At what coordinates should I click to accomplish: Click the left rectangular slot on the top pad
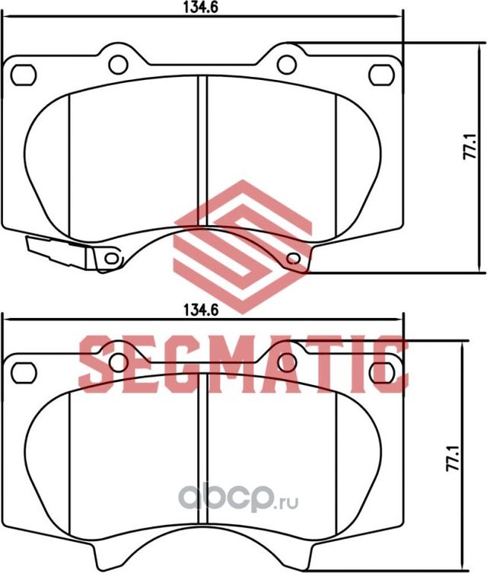point(25,73)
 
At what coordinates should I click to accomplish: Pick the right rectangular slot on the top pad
point(379,73)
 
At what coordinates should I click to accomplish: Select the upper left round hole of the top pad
point(118,64)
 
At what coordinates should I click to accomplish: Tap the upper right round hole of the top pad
point(285,64)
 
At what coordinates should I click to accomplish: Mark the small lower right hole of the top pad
point(294,259)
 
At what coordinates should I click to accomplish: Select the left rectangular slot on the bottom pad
point(25,372)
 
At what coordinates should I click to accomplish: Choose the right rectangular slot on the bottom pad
point(379,372)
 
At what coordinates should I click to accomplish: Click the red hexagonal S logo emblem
point(243,243)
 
